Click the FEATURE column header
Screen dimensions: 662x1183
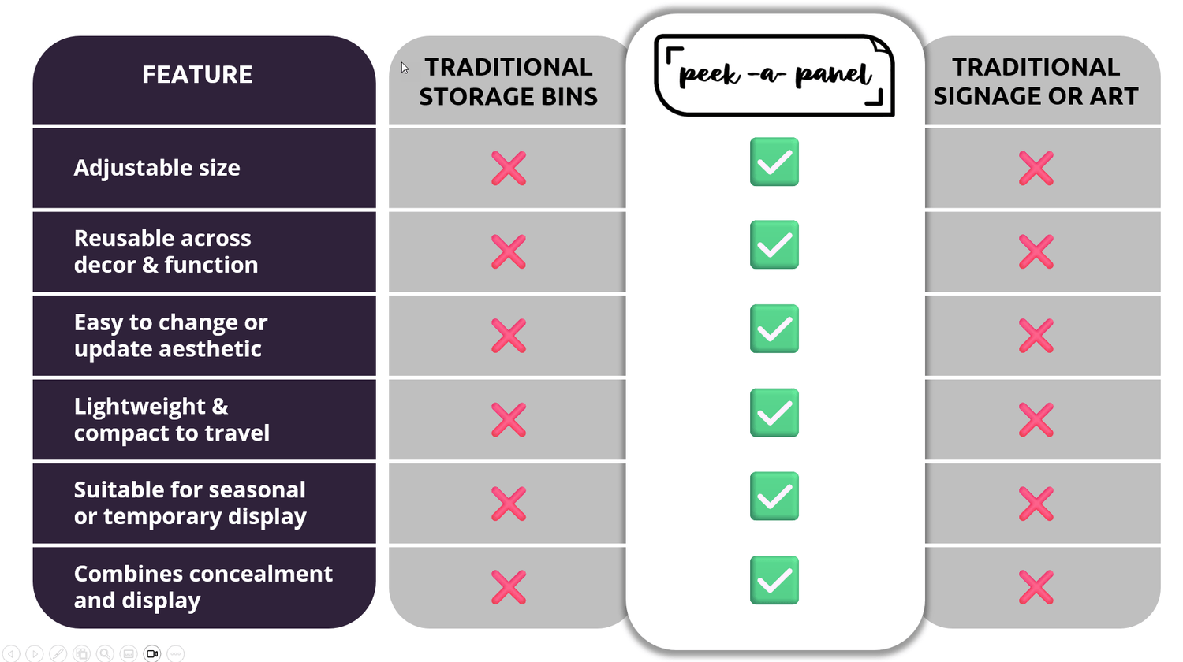click(x=197, y=74)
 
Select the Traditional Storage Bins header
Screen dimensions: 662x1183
click(x=508, y=81)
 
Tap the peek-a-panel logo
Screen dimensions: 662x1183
click(x=774, y=76)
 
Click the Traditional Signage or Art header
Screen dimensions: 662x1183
click(x=1036, y=81)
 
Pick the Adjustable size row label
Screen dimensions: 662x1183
click(x=157, y=168)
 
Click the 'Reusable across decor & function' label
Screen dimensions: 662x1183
click(x=166, y=251)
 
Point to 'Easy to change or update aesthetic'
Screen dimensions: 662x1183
click(x=170, y=336)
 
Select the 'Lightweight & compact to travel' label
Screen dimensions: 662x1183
click(x=171, y=419)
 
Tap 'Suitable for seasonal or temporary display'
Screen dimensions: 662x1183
click(x=189, y=503)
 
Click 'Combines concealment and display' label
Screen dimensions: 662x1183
click(x=203, y=586)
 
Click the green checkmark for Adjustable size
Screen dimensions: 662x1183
click(x=774, y=162)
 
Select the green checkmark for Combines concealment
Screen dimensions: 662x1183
click(x=774, y=580)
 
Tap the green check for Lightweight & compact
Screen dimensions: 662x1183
click(x=774, y=413)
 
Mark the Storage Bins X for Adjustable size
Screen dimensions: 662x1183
click(x=509, y=168)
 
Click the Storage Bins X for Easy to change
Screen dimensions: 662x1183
click(x=509, y=336)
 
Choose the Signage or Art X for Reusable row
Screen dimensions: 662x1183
click(x=1036, y=252)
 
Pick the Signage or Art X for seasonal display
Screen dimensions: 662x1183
click(x=1036, y=504)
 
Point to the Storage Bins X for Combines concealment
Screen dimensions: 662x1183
click(x=509, y=587)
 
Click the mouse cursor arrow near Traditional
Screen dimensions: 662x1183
click(x=404, y=68)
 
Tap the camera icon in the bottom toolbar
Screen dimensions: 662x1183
click(x=152, y=653)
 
